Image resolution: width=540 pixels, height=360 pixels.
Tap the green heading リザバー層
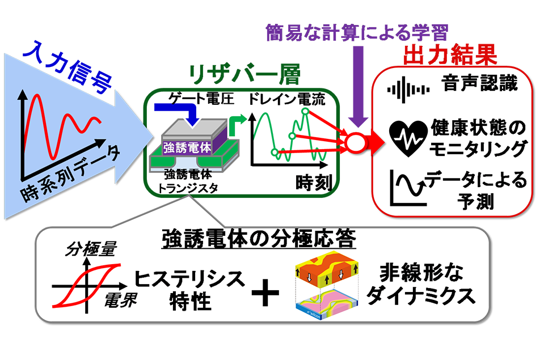[244, 74]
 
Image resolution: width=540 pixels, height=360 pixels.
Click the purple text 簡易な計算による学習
[357, 33]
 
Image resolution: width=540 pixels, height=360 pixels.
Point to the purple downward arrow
[358, 86]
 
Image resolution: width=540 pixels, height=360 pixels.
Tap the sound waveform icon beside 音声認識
[408, 90]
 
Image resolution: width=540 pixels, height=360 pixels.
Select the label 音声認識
[479, 83]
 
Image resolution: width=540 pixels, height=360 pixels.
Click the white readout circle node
[356, 142]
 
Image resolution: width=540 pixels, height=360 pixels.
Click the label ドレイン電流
[286, 99]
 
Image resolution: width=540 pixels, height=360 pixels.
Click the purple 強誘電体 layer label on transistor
[187, 147]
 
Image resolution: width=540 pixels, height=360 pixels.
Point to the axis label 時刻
[314, 183]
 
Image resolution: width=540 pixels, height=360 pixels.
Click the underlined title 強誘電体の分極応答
[259, 239]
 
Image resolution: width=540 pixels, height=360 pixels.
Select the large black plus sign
[265, 293]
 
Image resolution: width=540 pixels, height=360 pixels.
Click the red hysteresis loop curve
[86, 285]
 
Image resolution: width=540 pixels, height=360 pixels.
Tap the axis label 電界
[120, 300]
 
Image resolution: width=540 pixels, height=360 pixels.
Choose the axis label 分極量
[91, 248]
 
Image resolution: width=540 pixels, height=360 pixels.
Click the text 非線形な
[422, 273]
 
